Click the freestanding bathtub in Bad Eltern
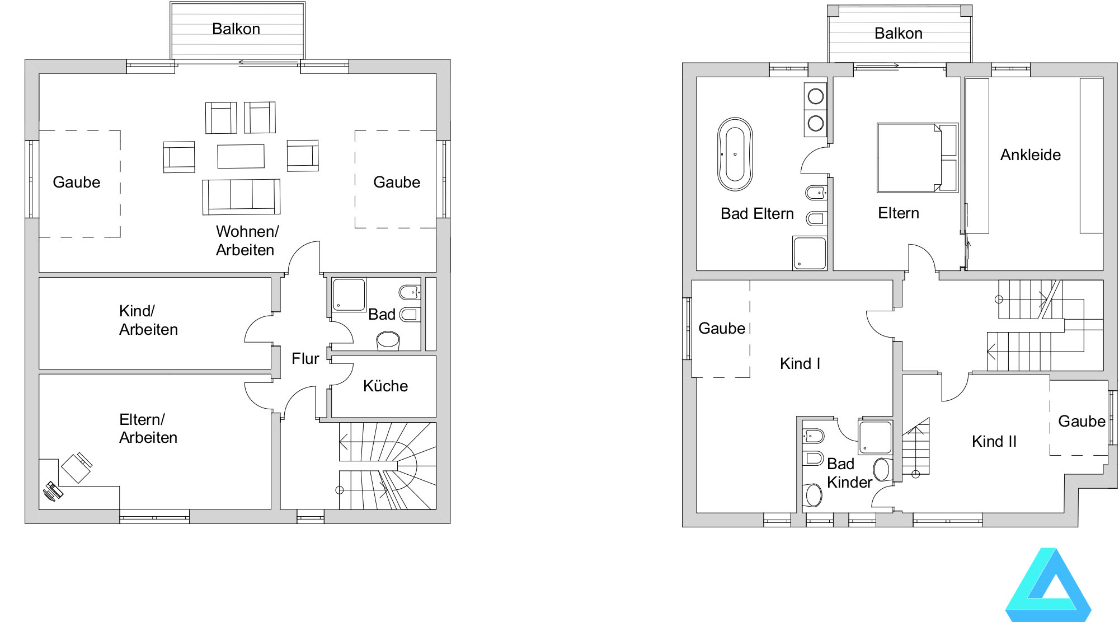point(735,154)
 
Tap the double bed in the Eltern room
point(918,158)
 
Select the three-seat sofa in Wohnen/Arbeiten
point(241,197)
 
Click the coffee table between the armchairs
point(241,156)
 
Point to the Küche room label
point(385,386)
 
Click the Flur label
point(305,359)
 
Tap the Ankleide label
point(1031,155)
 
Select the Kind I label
point(800,364)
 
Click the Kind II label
point(994,442)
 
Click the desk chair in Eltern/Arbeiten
point(77,467)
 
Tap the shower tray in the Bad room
point(349,294)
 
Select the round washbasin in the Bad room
point(388,340)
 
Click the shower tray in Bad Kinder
point(875,437)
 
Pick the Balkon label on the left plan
point(236,29)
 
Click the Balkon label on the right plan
point(899,34)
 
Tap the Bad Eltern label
point(757,214)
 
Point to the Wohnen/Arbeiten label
point(247,241)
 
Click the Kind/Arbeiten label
point(148,320)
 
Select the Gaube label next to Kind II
point(1082,422)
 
